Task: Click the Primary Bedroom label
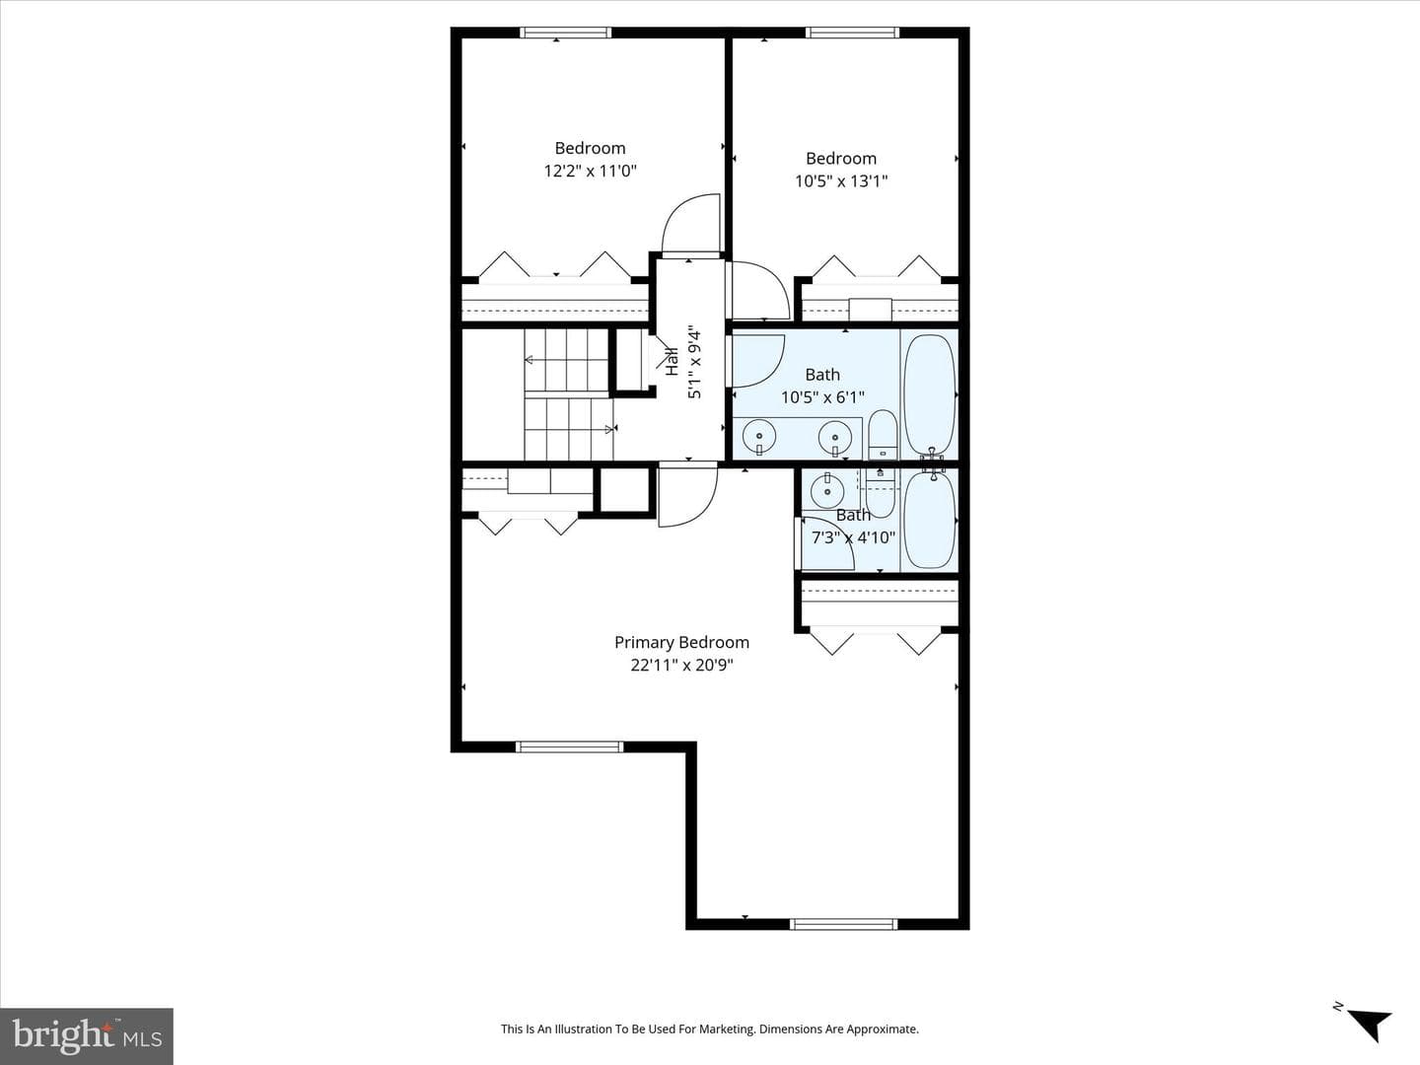(x=681, y=643)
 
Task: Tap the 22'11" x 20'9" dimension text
(x=681, y=666)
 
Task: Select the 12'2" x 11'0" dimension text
(x=590, y=172)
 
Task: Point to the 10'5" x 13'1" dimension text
(x=841, y=181)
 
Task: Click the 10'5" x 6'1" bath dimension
(x=822, y=397)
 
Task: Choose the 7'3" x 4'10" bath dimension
(x=853, y=537)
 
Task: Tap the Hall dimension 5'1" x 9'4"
(x=694, y=362)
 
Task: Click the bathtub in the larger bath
(x=930, y=395)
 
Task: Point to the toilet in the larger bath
(x=883, y=434)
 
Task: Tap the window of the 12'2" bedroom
(x=565, y=33)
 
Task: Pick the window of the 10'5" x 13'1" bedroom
(x=852, y=33)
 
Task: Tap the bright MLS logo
(x=87, y=1036)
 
